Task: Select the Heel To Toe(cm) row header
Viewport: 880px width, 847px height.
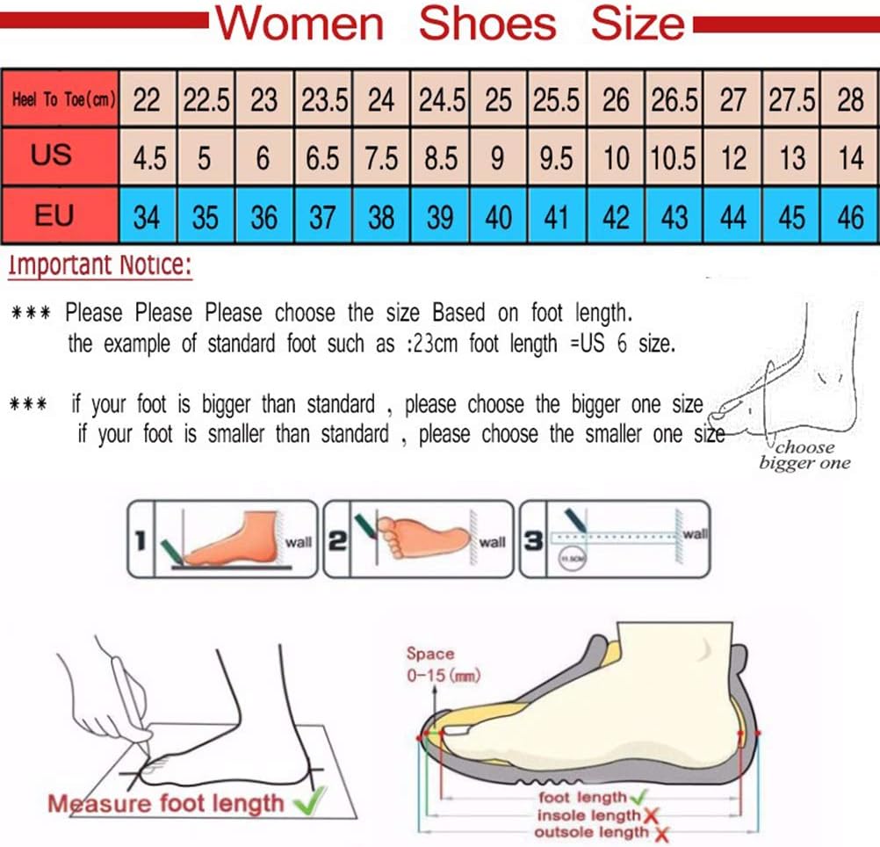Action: (x=61, y=99)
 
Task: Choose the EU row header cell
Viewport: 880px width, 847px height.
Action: (x=54, y=214)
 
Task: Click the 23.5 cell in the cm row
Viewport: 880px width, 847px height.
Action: (x=324, y=99)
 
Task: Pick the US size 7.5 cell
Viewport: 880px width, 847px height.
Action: (x=381, y=158)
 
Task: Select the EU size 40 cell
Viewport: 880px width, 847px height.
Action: (x=498, y=216)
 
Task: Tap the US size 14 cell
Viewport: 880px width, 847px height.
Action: (x=850, y=158)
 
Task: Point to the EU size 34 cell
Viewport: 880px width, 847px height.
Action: (x=147, y=216)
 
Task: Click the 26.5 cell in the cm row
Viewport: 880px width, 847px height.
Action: (x=674, y=99)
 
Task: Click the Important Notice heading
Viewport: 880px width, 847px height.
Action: (x=99, y=264)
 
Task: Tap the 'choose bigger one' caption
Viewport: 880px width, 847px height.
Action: (x=804, y=455)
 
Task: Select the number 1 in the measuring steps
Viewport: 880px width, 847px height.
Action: (x=139, y=541)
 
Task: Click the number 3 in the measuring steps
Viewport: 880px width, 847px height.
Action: (x=532, y=541)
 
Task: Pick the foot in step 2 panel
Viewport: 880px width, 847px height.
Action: (x=422, y=537)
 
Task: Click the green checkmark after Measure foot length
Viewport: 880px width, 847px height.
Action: (x=307, y=800)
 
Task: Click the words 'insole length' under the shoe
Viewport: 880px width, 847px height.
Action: (x=588, y=815)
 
